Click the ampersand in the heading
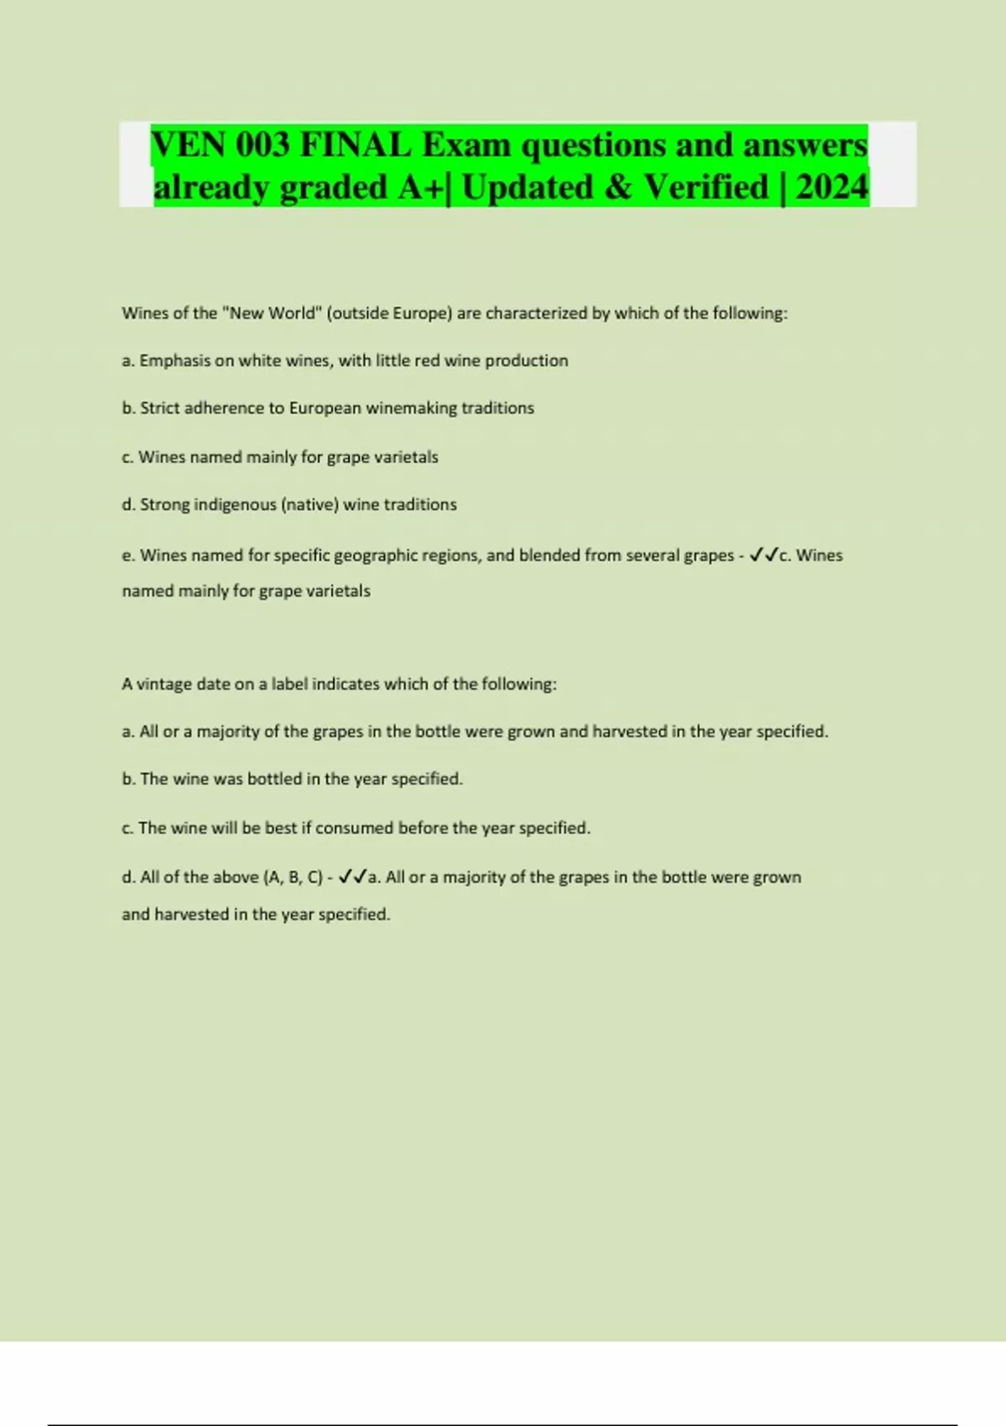tap(618, 187)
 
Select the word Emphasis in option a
tap(174, 361)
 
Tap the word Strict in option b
tap(159, 409)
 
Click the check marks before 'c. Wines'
tap(764, 555)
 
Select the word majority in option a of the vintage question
tap(228, 731)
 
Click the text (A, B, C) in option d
tap(293, 877)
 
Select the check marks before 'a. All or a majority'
tap(353, 877)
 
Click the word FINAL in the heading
tap(355, 145)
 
